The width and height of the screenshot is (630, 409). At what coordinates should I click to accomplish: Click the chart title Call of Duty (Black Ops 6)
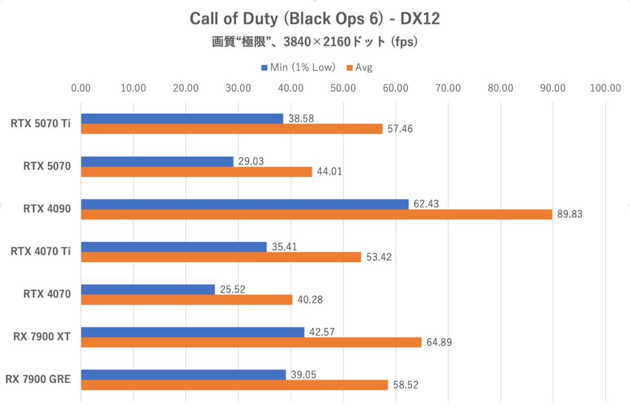point(314,19)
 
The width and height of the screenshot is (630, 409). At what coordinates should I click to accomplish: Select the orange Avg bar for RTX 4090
point(316,214)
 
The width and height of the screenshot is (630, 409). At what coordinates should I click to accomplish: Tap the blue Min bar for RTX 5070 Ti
point(182,119)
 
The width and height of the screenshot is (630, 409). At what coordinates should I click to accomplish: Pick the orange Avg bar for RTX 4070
point(186,299)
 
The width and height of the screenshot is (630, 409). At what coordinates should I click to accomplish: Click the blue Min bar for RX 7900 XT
point(192,332)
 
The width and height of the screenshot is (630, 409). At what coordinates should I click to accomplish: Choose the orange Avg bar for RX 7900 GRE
point(234,385)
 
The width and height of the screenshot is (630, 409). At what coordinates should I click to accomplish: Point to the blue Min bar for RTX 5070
point(157,162)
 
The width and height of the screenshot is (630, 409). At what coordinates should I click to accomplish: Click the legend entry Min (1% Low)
point(298,67)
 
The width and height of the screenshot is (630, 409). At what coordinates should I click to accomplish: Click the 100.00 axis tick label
point(605,88)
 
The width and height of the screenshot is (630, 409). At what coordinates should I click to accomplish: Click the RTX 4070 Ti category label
point(41,251)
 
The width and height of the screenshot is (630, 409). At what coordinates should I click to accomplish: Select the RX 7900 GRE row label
point(38,379)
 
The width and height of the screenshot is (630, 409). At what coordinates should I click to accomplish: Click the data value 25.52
point(233,289)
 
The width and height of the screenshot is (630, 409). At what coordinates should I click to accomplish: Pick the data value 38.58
point(301,119)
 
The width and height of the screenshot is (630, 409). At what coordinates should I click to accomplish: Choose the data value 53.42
point(379,257)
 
